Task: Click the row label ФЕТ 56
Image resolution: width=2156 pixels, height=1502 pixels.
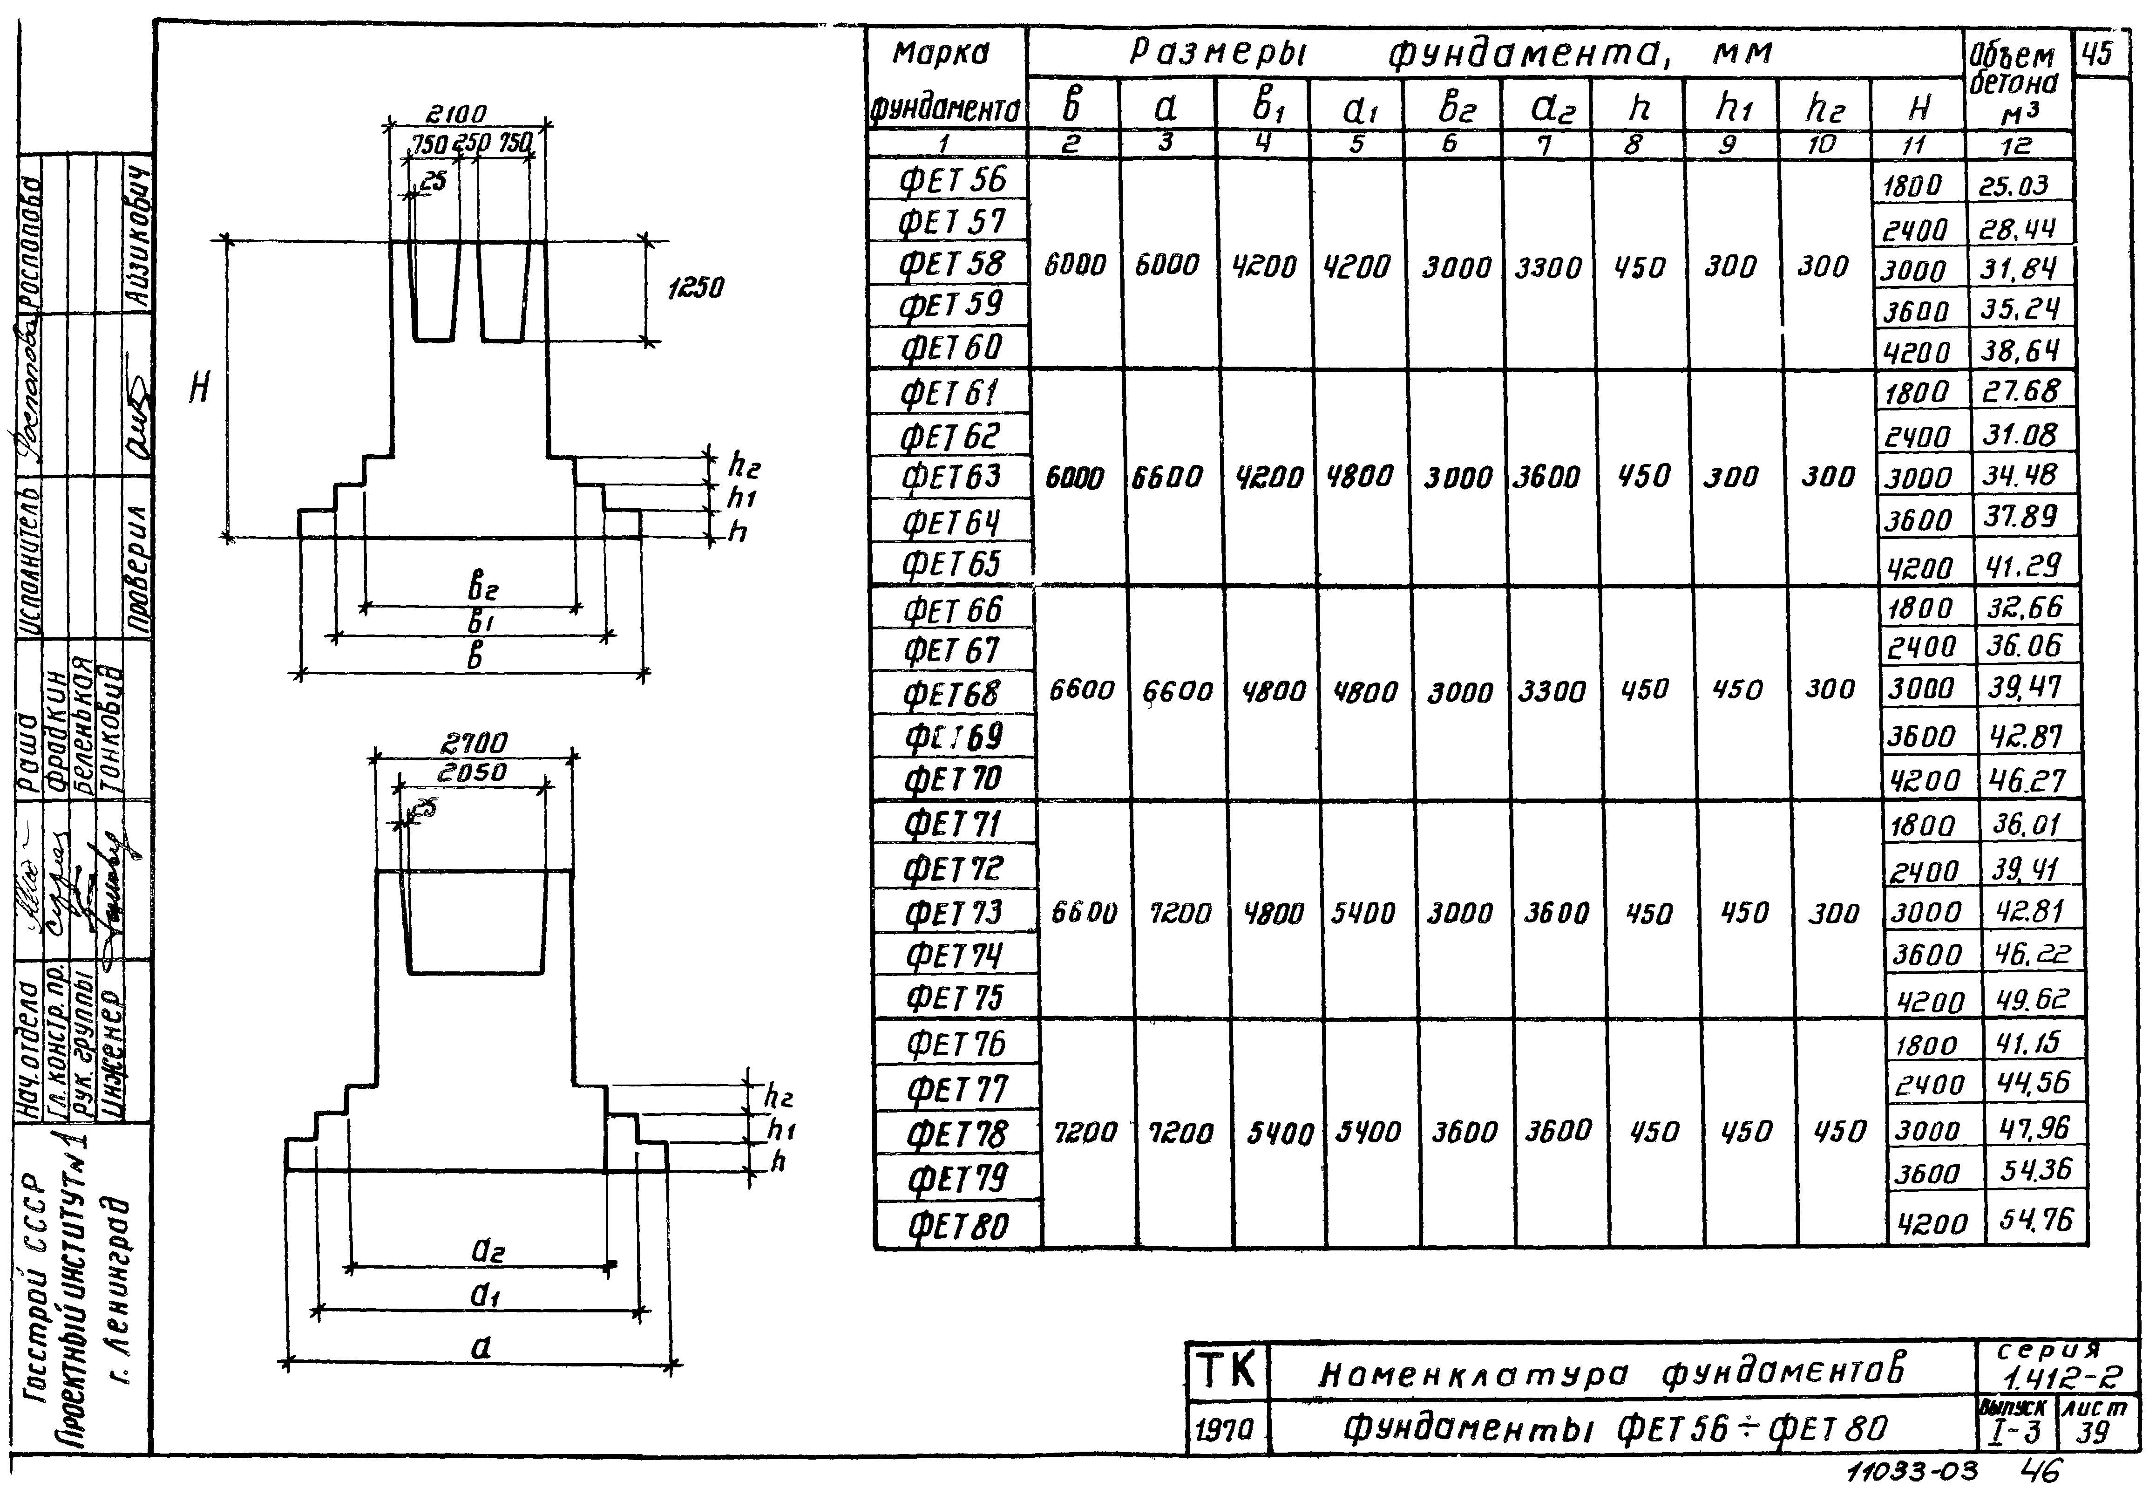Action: [951, 179]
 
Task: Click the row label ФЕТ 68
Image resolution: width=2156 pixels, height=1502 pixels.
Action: [952, 694]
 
